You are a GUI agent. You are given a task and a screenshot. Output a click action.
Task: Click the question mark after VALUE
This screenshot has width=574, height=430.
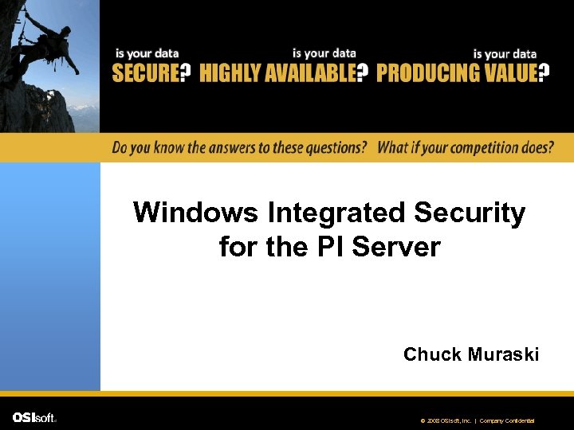click(545, 74)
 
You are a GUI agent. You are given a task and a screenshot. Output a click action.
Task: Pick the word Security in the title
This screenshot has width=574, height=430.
click(470, 213)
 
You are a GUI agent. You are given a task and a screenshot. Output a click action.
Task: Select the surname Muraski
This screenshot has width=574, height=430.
click(504, 354)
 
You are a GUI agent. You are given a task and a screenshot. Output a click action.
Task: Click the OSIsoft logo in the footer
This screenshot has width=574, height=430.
click(34, 418)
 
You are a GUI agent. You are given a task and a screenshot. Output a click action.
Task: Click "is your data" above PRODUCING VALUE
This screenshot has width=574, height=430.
click(505, 53)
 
